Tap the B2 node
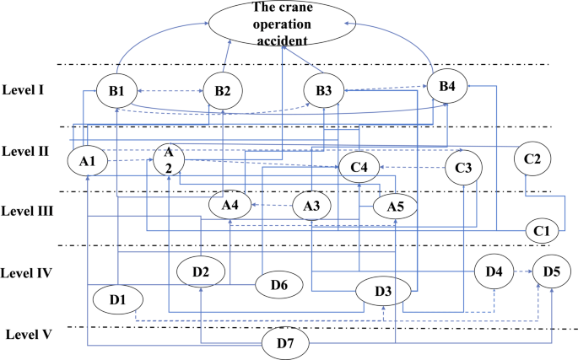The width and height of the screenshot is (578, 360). pos(222,90)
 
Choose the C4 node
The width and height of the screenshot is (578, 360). pos(359,167)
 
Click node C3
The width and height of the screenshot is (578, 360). pos(463,167)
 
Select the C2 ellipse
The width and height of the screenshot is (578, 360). pos(537,159)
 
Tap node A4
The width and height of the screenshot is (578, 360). pos(230,204)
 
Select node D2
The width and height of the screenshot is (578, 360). pos(200,271)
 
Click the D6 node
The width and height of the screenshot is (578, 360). pos(279,285)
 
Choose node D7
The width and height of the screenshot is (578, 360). pos(286,342)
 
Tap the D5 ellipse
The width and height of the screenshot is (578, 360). pos(551,272)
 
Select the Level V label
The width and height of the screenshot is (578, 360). pos(29,335)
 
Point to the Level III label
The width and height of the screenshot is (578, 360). pos(30,211)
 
